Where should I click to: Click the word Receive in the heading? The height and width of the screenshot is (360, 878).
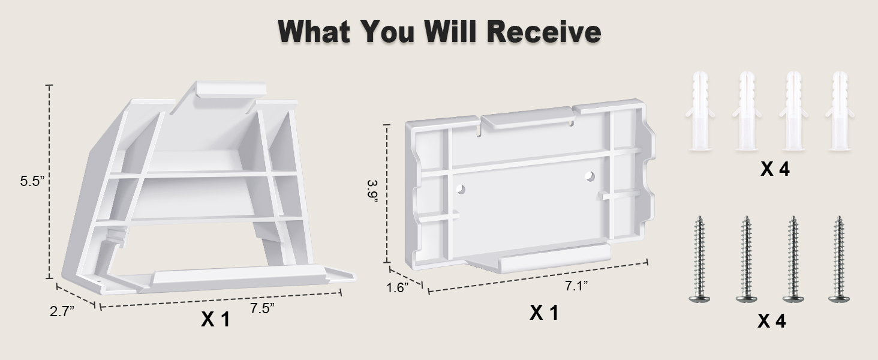pos(544,31)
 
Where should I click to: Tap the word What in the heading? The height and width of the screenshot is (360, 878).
pos(314,31)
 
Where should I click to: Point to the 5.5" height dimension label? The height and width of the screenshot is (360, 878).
pos(32,181)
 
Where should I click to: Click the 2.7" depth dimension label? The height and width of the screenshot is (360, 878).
pos(62,311)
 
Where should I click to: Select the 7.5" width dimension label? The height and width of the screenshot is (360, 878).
pos(262,308)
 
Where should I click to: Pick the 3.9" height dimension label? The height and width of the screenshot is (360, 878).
pos(373,191)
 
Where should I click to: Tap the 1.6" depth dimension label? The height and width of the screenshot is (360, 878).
pos(398,287)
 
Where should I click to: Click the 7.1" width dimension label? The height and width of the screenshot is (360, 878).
pos(576,286)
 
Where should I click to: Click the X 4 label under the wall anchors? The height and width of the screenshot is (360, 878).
pos(775,169)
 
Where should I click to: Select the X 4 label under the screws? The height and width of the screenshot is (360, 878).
pos(771,321)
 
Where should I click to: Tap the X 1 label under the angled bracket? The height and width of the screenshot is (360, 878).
pos(215,319)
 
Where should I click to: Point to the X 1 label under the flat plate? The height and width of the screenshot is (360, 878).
pos(544,313)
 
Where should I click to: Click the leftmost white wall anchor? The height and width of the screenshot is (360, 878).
pos(700,110)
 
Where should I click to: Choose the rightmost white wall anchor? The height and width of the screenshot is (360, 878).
pos(840,110)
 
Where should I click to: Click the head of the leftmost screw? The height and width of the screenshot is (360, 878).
pos(700,299)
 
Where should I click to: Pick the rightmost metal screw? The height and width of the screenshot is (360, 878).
pos(839,259)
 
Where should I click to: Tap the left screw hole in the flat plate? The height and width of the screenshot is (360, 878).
pos(461,190)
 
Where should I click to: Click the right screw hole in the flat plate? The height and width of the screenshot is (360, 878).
pos(590,176)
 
